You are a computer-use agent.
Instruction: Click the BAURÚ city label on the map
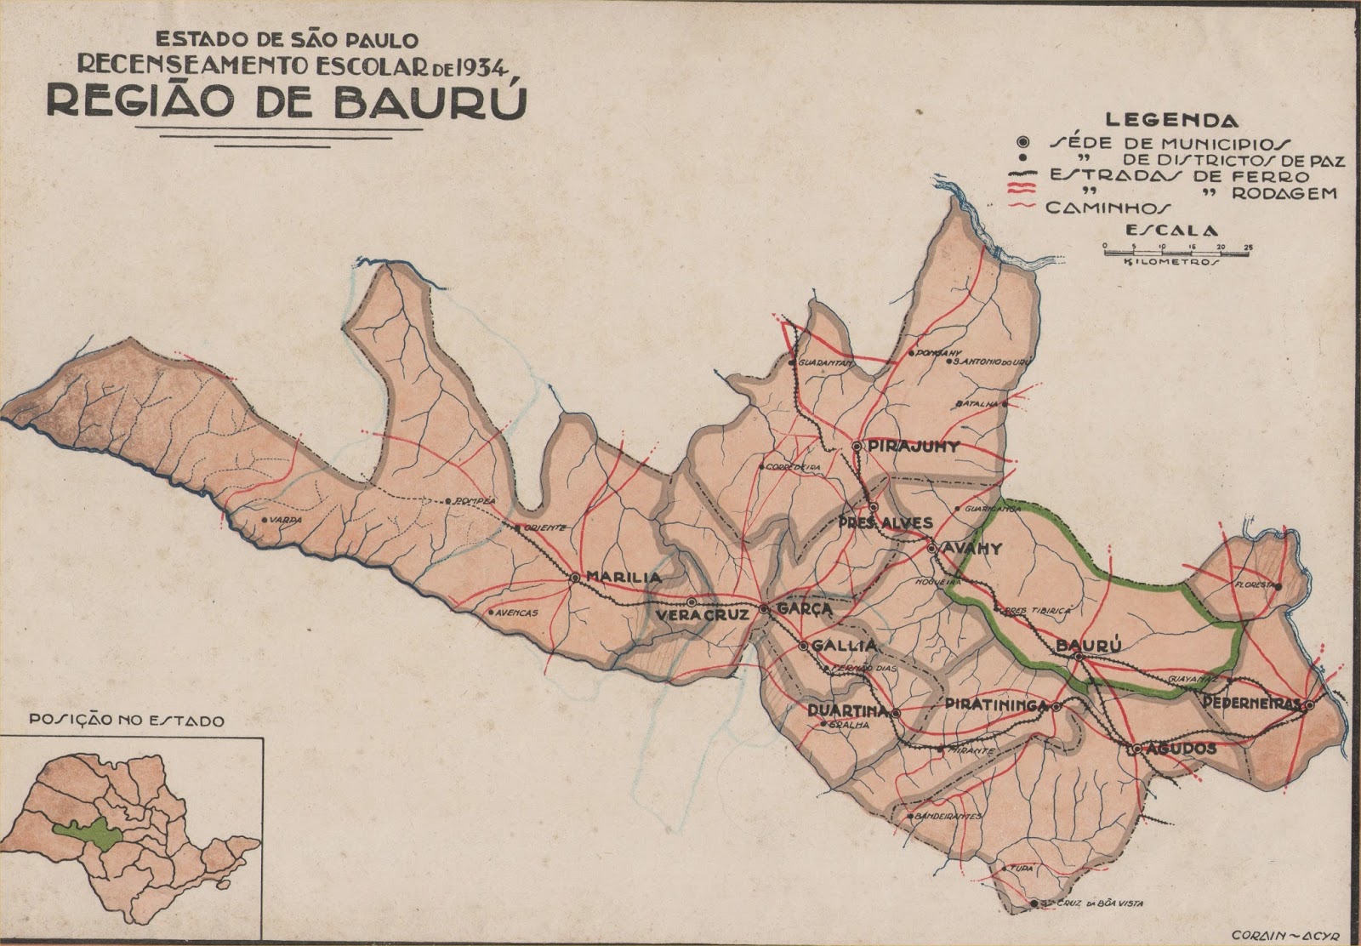(1085, 646)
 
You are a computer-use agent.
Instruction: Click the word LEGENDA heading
(1172, 122)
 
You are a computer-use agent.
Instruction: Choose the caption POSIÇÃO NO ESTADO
(128, 721)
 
